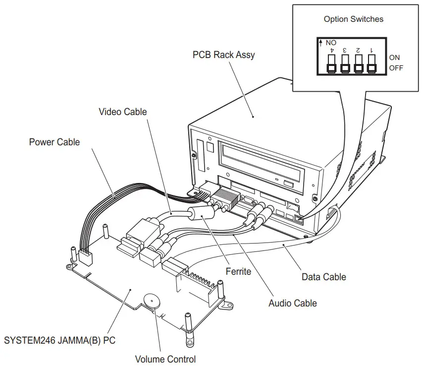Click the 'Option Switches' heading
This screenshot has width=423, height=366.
click(353, 19)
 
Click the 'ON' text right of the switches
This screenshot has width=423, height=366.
click(394, 58)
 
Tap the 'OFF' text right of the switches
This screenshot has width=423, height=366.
click(396, 68)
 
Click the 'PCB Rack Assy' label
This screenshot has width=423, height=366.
click(223, 55)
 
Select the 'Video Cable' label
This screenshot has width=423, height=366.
click(122, 112)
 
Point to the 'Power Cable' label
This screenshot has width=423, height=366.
click(54, 142)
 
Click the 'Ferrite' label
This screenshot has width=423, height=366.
click(238, 271)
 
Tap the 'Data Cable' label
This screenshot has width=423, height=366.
click(323, 276)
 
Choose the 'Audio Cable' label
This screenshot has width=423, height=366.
click(292, 303)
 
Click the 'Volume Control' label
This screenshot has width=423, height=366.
click(165, 359)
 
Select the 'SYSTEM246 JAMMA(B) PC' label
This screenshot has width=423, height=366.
click(59, 341)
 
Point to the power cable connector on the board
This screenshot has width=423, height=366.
click(85, 256)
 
